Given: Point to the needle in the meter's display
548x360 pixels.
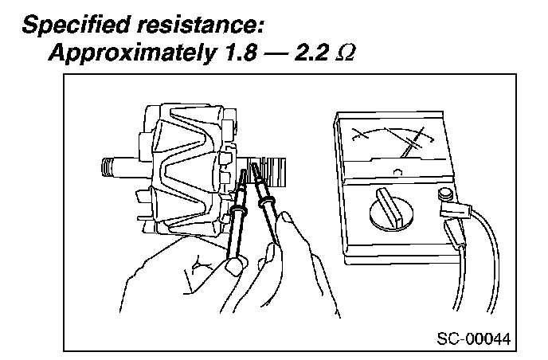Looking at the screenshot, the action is [x=413, y=143].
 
